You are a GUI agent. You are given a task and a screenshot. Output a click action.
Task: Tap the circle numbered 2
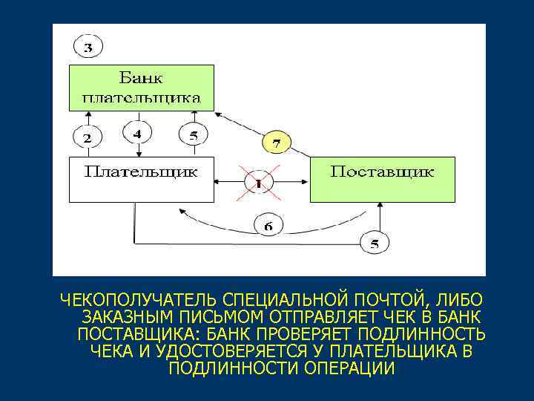(88, 137)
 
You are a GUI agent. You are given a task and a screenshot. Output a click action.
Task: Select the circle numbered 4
(136, 134)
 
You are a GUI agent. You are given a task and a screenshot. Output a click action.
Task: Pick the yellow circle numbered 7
(276, 141)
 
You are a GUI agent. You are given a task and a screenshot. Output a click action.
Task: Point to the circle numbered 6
(268, 224)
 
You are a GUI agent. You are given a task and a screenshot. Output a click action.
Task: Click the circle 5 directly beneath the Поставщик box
(375, 243)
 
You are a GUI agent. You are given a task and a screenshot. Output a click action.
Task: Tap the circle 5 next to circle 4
(193, 136)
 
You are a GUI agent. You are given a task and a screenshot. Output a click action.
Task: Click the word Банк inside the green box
(141, 78)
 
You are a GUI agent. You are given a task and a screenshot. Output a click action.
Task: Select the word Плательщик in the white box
(141, 172)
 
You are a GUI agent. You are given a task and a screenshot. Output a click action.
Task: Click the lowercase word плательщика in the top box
(141, 97)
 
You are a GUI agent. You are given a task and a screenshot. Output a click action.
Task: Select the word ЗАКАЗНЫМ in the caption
(117, 317)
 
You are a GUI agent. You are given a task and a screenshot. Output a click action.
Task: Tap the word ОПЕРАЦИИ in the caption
(350, 368)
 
